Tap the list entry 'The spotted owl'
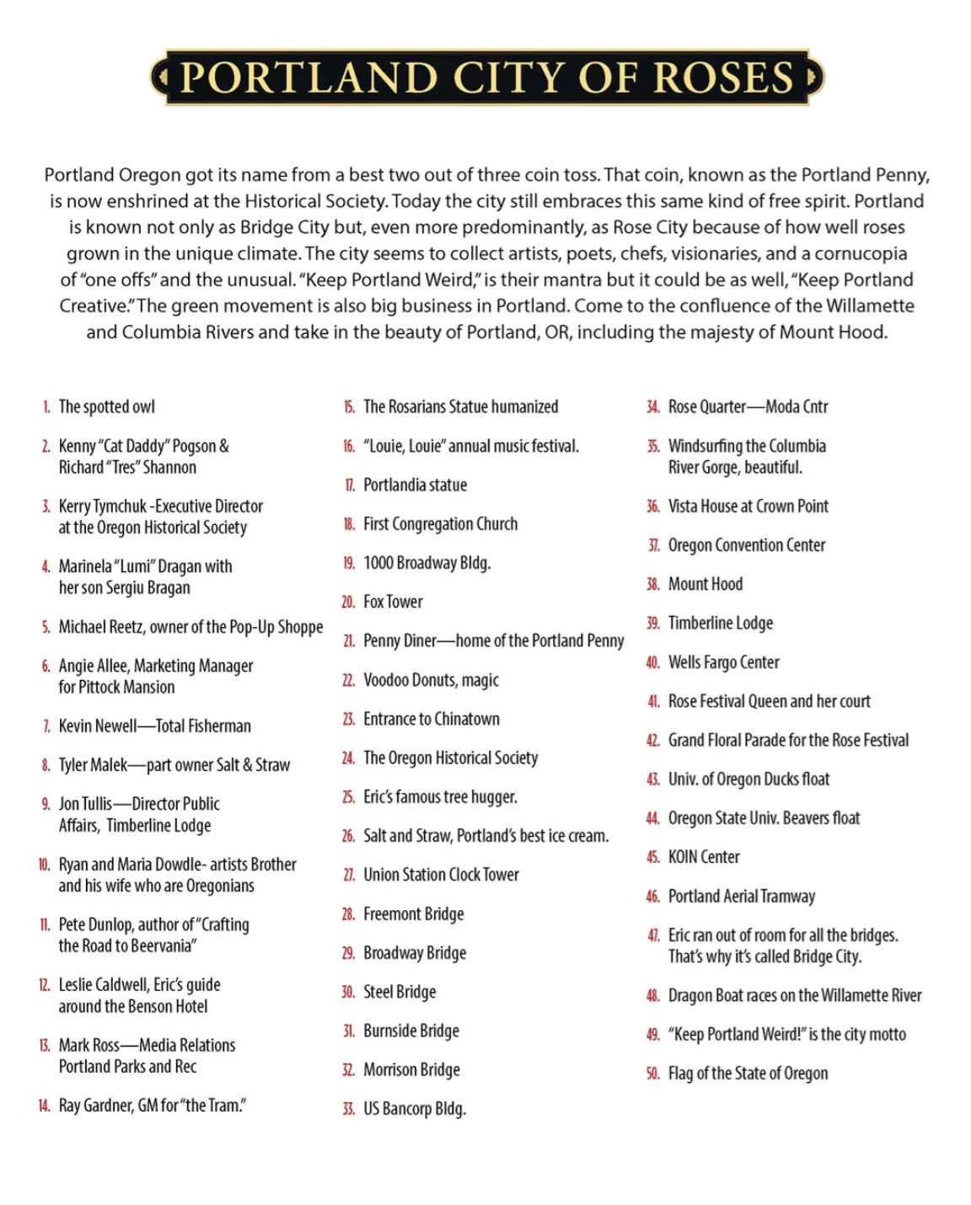pos(106,407)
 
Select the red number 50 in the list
pos(652,1074)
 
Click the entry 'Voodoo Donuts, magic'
pos(431,680)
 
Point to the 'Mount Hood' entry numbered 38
pos(705,584)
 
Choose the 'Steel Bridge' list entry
pos(400,992)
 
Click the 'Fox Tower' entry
pos(393,602)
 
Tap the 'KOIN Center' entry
pos(704,857)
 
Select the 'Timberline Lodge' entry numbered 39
pos(721,623)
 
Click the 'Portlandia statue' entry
pos(415,485)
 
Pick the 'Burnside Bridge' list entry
pos(411,1031)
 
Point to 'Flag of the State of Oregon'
pos(748,1074)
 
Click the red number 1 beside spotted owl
pos(46,407)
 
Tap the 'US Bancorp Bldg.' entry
pos(415,1109)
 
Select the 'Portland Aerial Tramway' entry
pos(742,896)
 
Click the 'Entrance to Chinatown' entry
pos(432,719)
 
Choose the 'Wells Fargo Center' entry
pos(724,662)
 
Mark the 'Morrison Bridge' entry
pos(411,1070)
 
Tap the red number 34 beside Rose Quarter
pos(652,407)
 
